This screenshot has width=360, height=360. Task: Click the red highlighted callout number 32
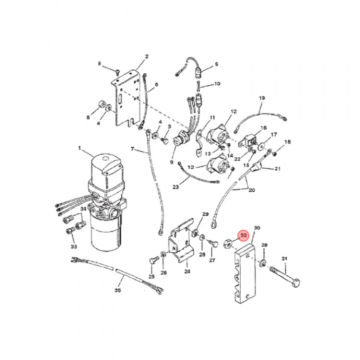click(x=243, y=235)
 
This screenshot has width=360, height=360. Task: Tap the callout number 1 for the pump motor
click(x=79, y=148)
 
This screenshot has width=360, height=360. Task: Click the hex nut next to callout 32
click(x=228, y=244)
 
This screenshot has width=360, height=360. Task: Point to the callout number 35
click(x=117, y=290)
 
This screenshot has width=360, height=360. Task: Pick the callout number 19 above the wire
click(x=262, y=98)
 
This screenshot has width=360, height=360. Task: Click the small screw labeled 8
click(x=118, y=73)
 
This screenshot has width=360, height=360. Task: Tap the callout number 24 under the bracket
click(x=187, y=271)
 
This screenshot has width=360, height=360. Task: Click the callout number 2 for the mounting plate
click(x=146, y=56)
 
